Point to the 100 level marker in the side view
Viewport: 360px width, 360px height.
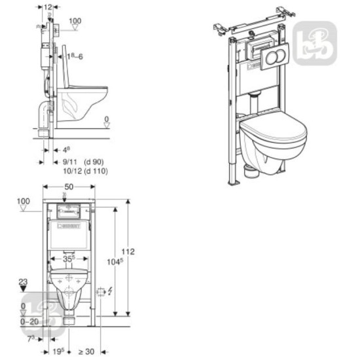coord(75,21)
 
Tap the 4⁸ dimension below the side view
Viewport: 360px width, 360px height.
coord(67,150)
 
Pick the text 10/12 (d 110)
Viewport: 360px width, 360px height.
coord(85,171)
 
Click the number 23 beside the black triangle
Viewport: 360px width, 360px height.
coord(24,282)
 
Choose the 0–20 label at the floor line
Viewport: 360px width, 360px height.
coord(29,322)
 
